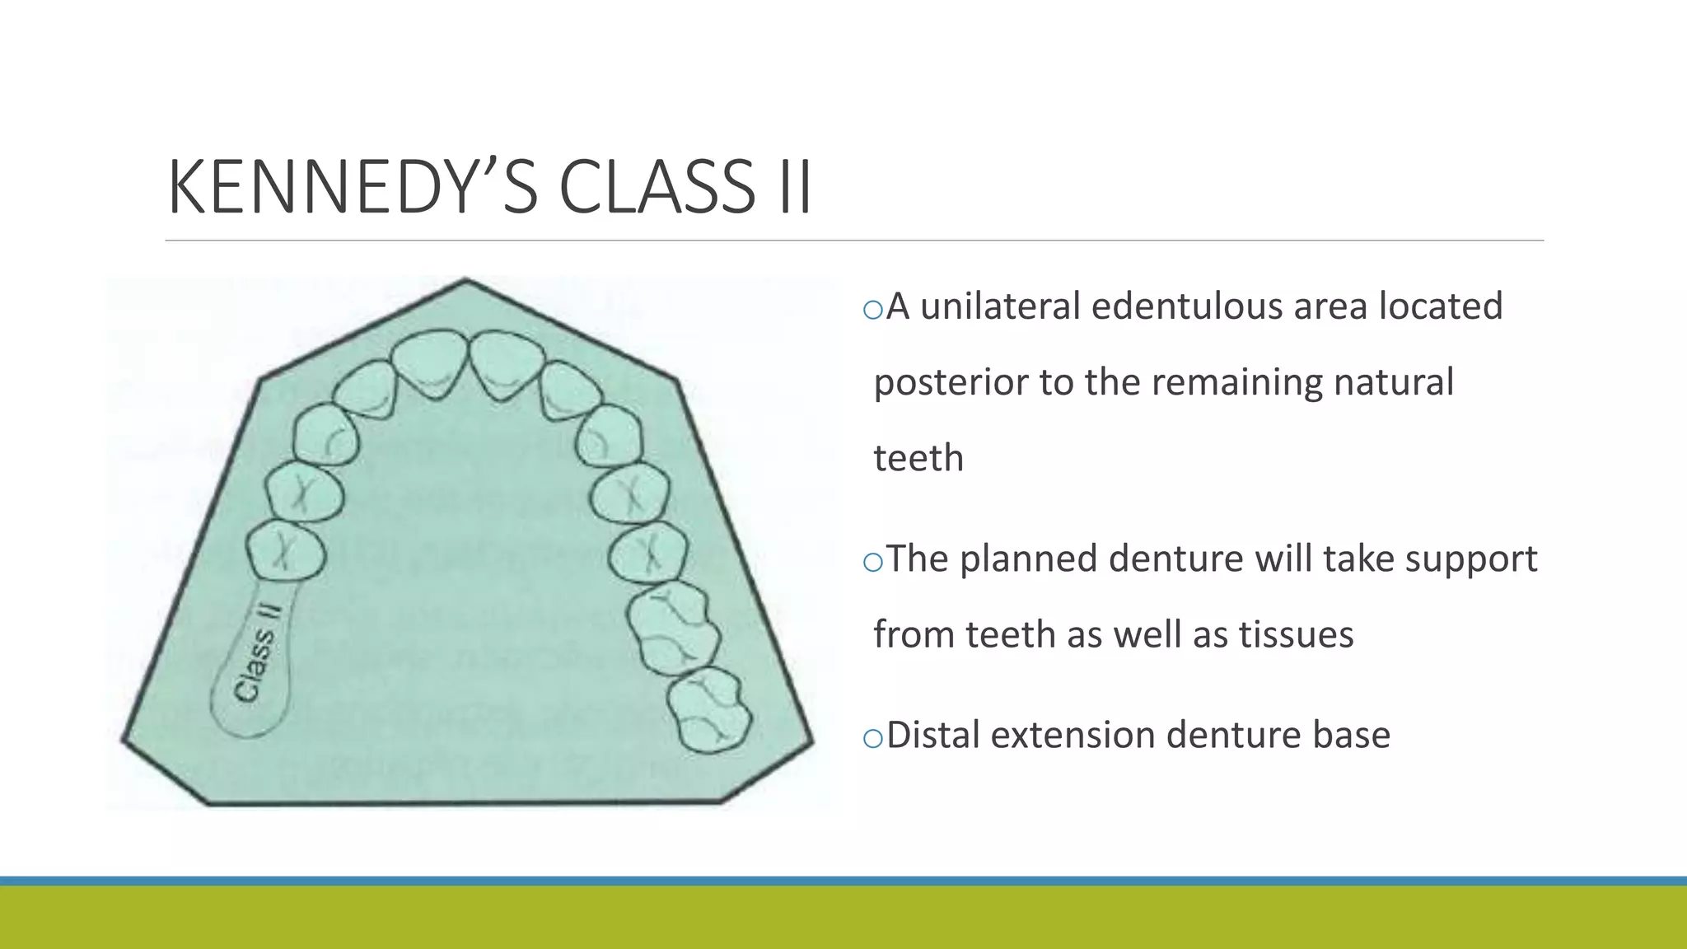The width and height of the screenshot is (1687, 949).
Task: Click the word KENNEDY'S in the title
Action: point(353,188)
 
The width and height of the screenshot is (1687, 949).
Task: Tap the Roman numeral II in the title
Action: point(794,188)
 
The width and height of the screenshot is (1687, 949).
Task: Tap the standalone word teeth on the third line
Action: point(918,459)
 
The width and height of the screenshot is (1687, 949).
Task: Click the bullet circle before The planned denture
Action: point(872,563)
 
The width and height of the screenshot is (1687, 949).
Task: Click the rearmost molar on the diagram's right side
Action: point(710,710)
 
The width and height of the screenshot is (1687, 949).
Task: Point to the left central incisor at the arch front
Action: point(429,362)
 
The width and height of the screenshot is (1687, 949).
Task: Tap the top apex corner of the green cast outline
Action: point(465,281)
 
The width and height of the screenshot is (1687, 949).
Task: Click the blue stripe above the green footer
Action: point(843,881)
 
